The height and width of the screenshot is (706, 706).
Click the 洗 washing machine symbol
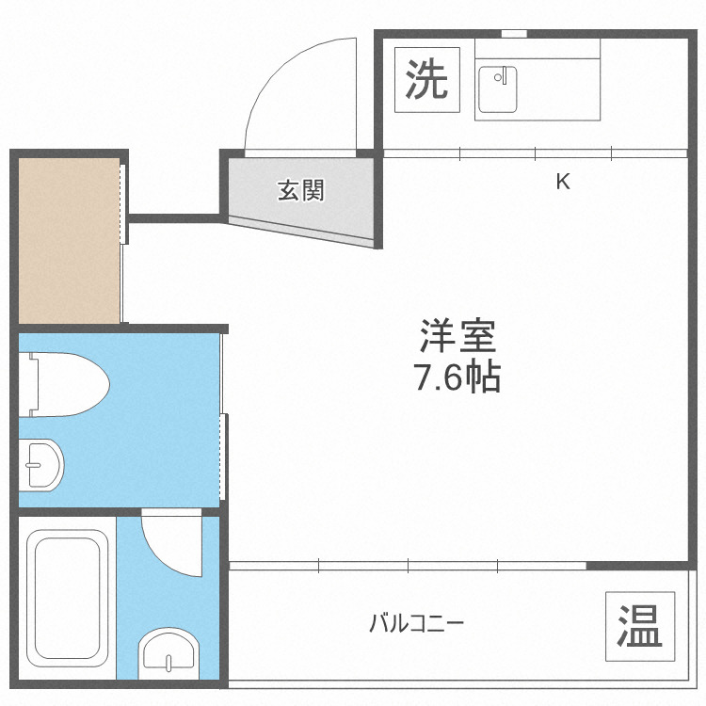(x=426, y=80)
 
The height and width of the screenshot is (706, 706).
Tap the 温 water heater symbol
(x=639, y=624)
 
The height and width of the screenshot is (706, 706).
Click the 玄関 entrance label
(x=300, y=190)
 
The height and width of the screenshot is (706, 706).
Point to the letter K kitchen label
(x=562, y=182)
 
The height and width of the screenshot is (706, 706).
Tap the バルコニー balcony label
(x=416, y=623)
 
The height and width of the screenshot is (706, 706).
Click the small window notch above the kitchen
(x=513, y=34)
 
